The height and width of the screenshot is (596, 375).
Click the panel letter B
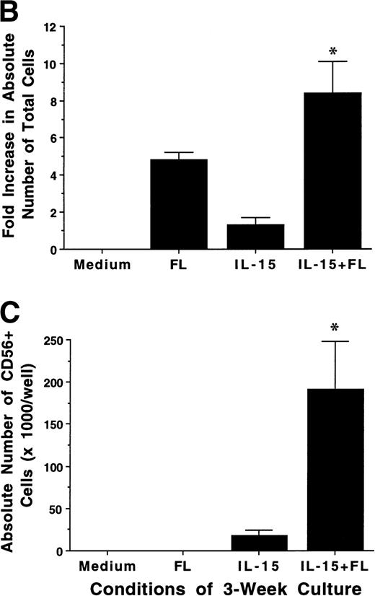click(12, 12)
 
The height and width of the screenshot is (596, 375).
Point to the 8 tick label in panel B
click(50, 101)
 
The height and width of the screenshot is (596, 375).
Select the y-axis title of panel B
click(16, 137)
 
